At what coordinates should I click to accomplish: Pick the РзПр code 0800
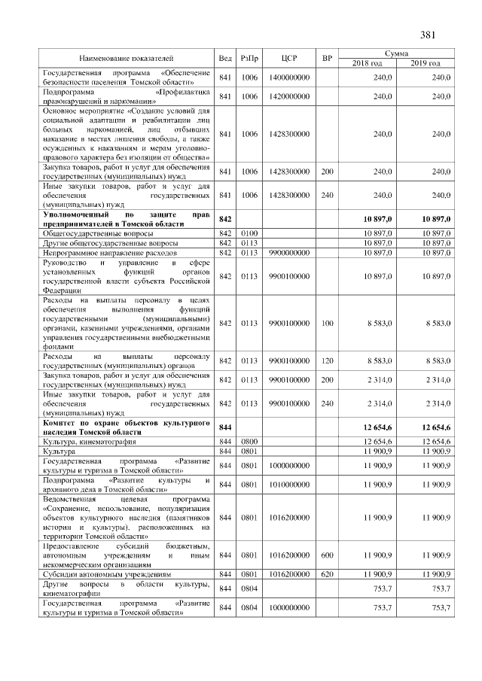(249, 441)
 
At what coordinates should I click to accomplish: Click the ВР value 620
(327, 574)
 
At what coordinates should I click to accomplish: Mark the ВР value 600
(327, 555)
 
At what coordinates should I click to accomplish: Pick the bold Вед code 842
(224, 217)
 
